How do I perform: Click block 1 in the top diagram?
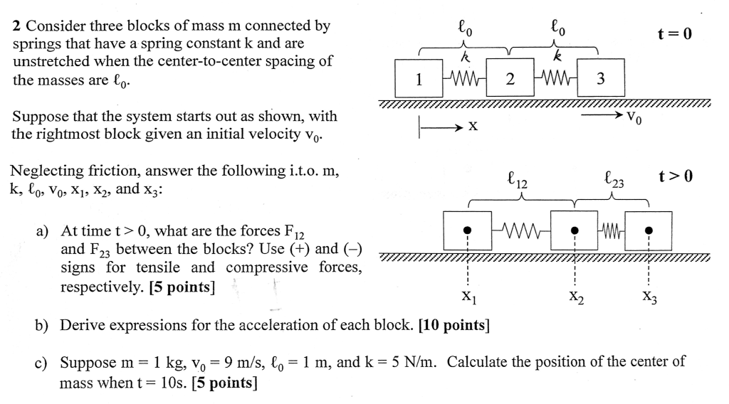pyautogui.click(x=418, y=78)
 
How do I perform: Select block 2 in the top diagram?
pyautogui.click(x=510, y=78)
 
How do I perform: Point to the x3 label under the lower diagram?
pyautogui.click(x=649, y=299)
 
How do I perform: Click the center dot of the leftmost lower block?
pyautogui.click(x=467, y=230)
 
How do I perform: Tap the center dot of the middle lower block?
pyautogui.click(x=575, y=230)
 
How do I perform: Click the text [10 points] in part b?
pyautogui.click(x=455, y=325)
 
